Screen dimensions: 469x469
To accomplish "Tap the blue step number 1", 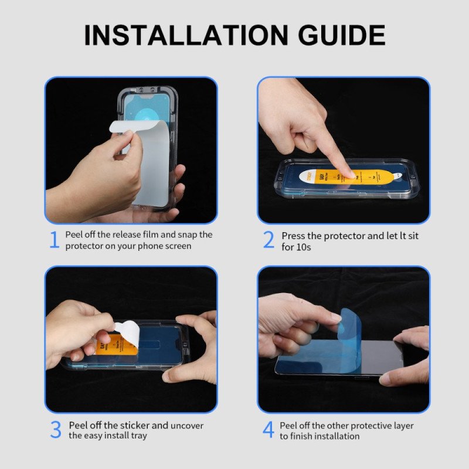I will (54, 240).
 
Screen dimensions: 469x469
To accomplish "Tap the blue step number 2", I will (269, 240).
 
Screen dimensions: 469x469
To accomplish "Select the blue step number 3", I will (55, 430).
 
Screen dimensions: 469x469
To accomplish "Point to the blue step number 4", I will (268, 430).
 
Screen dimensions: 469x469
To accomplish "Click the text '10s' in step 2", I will (305, 247).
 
